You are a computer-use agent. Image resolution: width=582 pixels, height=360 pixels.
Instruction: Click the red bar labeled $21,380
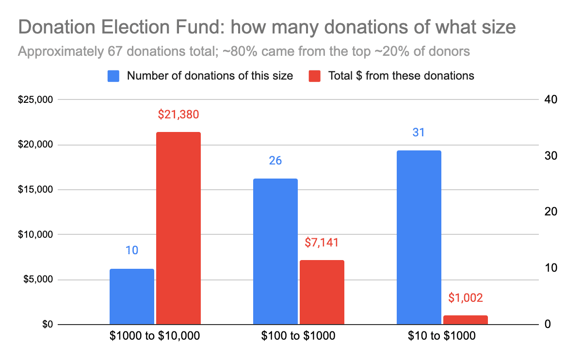coord(178,228)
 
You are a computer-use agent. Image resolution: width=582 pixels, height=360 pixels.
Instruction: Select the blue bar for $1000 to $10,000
coord(132,296)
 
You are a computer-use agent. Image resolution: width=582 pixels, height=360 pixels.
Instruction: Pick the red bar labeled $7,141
coord(322,292)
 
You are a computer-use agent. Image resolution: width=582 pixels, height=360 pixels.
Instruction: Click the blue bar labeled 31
coord(419,237)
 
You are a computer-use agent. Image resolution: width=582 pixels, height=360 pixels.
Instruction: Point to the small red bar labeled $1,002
coord(465,320)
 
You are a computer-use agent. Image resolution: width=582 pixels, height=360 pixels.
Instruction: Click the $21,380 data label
coord(178,115)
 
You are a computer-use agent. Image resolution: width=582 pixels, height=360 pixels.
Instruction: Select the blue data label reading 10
coord(132,251)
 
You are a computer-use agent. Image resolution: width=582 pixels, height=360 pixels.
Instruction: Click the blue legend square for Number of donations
coord(113,76)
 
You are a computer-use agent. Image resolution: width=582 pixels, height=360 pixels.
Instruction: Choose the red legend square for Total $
coord(315,76)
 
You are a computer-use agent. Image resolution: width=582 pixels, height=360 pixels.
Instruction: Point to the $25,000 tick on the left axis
coord(35,100)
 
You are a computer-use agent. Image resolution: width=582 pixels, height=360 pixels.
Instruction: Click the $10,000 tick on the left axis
coord(35,235)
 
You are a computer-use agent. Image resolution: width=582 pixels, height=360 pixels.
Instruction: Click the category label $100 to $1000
coord(298,336)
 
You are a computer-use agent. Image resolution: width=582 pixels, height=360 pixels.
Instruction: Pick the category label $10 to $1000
coord(442,336)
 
